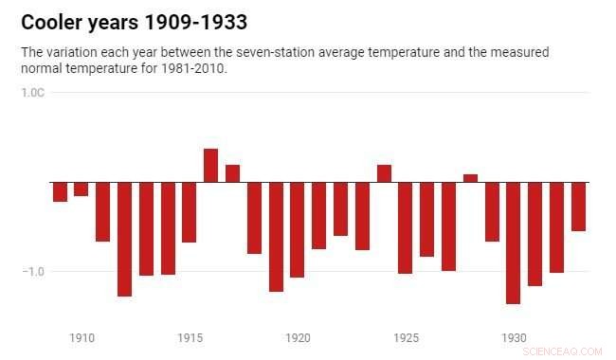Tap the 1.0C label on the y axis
click(x=33, y=93)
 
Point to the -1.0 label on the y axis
click(x=33, y=271)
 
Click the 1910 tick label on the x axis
click(x=82, y=337)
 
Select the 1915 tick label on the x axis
click(x=190, y=337)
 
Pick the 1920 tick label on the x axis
click(x=298, y=337)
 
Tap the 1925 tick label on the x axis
click(x=407, y=337)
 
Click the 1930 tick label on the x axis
click(x=515, y=337)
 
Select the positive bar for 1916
click(x=210, y=166)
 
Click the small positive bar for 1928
click(x=470, y=178)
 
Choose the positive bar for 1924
click(x=384, y=173)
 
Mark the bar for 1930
click(x=514, y=243)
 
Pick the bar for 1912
click(x=124, y=239)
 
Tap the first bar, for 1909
click(x=60, y=191)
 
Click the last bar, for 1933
click(x=578, y=207)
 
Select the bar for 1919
click(x=276, y=237)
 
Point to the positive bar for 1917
click(x=232, y=173)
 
